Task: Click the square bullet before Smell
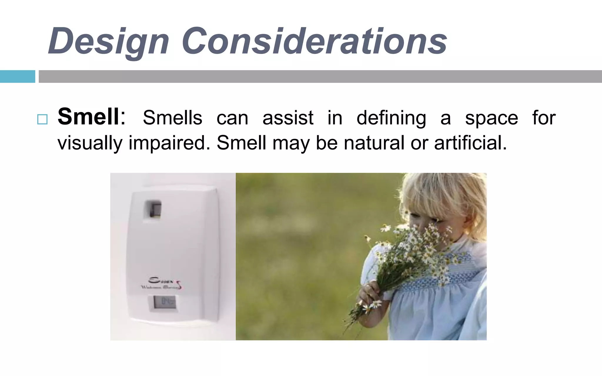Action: point(42,120)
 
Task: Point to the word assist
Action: point(288,118)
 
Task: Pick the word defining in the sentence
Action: point(391,118)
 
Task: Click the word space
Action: point(491,118)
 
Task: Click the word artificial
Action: point(470,143)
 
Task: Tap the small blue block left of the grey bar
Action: point(17,76)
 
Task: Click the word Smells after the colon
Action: point(173,118)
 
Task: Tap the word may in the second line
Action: point(291,143)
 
